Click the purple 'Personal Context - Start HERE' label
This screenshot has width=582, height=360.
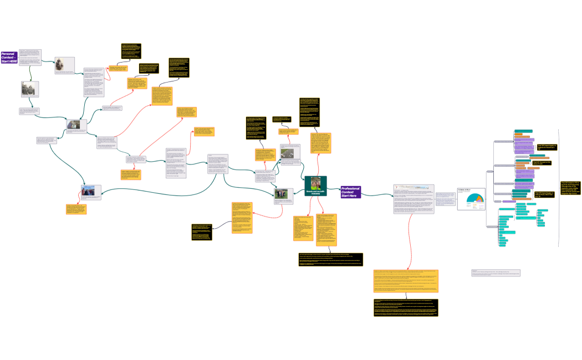[x=9, y=56]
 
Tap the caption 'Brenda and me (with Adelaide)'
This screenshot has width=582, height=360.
[x=315, y=192]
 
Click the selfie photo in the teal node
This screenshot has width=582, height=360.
[x=315, y=182]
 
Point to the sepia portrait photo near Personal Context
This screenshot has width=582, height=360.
[x=65, y=64]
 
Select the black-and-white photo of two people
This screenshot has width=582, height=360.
[x=29, y=90]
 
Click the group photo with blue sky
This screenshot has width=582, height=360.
[x=90, y=192]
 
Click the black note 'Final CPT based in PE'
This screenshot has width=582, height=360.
[x=571, y=189]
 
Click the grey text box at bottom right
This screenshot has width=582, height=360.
[x=495, y=273]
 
